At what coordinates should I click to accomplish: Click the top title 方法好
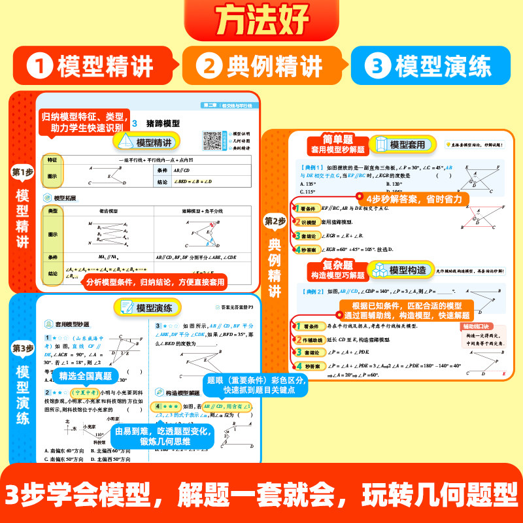click(x=261, y=22)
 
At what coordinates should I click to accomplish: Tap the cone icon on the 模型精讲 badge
click(x=124, y=142)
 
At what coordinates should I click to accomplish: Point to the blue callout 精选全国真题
click(x=86, y=376)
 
